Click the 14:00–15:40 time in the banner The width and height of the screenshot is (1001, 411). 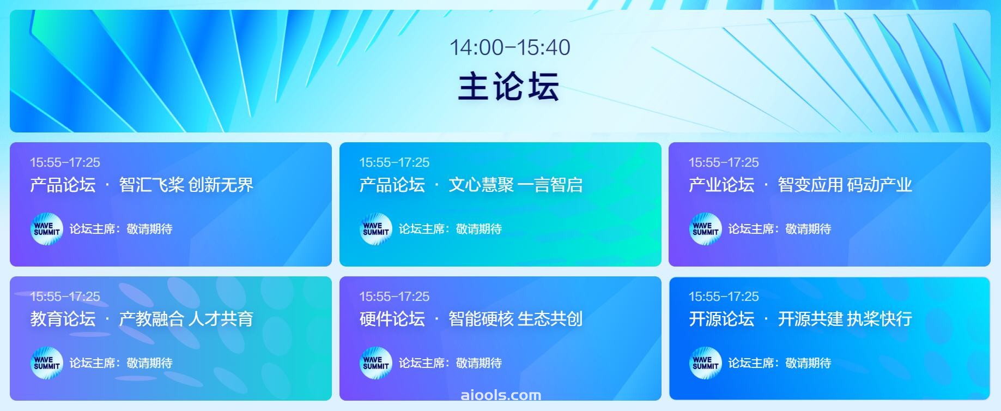(509, 47)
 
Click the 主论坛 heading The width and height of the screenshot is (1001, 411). (509, 87)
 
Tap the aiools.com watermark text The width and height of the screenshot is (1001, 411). (501, 395)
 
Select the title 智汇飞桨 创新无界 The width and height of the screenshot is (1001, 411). (186, 185)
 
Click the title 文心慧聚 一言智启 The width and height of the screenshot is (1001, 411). (515, 185)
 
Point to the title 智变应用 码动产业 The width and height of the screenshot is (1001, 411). (845, 185)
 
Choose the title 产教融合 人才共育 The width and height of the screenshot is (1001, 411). (186, 319)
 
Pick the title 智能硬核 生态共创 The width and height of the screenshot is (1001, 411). (515, 319)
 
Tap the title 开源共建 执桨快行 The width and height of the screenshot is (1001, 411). (845, 319)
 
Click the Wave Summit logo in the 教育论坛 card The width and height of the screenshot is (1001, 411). (47, 363)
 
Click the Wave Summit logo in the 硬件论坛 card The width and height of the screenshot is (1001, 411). (376, 363)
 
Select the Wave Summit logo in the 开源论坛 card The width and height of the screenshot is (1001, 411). (706, 363)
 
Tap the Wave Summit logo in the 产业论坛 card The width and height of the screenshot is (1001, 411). (706, 229)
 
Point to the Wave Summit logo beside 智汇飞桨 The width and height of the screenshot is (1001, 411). (47, 229)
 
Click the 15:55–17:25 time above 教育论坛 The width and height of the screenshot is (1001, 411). (65, 297)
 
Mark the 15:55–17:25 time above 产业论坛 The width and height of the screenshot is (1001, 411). (724, 162)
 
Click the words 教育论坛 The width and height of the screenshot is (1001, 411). (63, 319)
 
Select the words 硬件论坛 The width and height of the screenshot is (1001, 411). (392, 319)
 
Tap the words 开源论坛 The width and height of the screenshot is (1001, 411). (721, 319)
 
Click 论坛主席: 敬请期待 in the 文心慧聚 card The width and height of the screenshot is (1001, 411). (450, 229)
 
